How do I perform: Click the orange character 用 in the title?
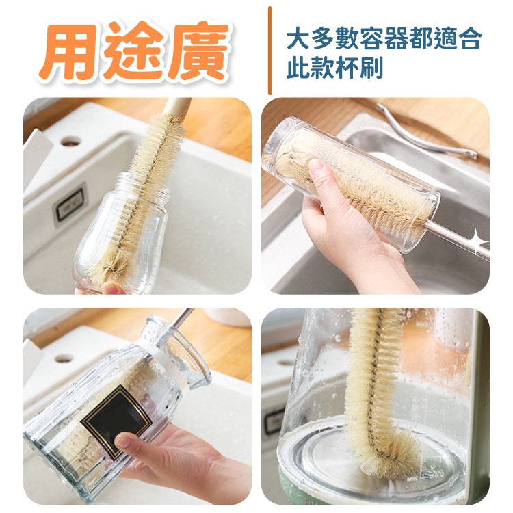pyautogui.click(x=69, y=52)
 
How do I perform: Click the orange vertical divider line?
pyautogui.click(x=270, y=51)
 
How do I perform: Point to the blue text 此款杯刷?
pyautogui.click(x=334, y=68)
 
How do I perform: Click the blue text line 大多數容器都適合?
pyautogui.click(x=384, y=39)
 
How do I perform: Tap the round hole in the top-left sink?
pyautogui.click(x=70, y=141)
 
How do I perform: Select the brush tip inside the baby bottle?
pyautogui.click(x=108, y=264)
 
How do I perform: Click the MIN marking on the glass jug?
pyautogui.click(x=413, y=479)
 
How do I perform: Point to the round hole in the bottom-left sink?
pyautogui.click(x=64, y=358)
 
